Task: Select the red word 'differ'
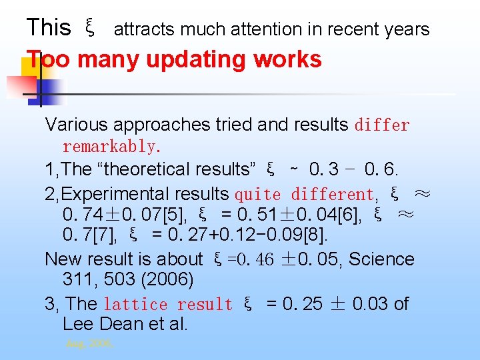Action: pos(382,125)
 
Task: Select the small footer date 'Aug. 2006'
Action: pos(89,345)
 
